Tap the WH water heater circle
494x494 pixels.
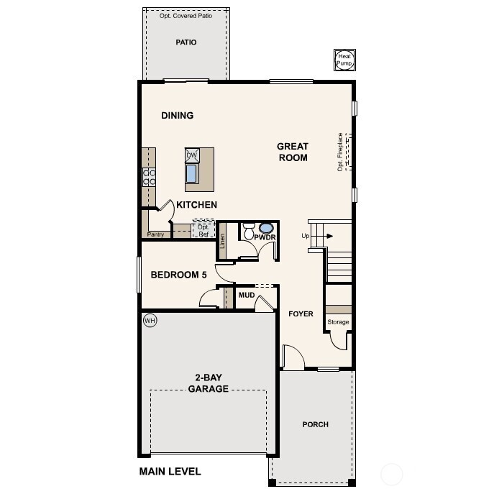pyautogui.click(x=150, y=321)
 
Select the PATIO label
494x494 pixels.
pyautogui.click(x=186, y=42)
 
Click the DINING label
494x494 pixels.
pyautogui.click(x=177, y=116)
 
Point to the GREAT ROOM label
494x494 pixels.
pyautogui.click(x=293, y=152)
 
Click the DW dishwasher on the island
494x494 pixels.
pyautogui.click(x=192, y=155)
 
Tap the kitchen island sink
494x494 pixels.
pyautogui.click(x=192, y=173)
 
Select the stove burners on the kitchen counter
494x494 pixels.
pyautogui.click(x=150, y=177)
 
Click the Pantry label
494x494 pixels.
pyautogui.click(x=156, y=234)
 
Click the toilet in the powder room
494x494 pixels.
pyautogui.click(x=249, y=232)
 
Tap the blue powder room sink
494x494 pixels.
pyautogui.click(x=266, y=227)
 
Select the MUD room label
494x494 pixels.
pyautogui.click(x=247, y=295)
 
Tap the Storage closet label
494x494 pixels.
pyautogui.click(x=338, y=322)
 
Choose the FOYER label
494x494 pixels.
pyautogui.click(x=301, y=314)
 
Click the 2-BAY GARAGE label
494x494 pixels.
pyautogui.click(x=209, y=383)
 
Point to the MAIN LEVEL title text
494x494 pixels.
pyautogui.click(x=170, y=472)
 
